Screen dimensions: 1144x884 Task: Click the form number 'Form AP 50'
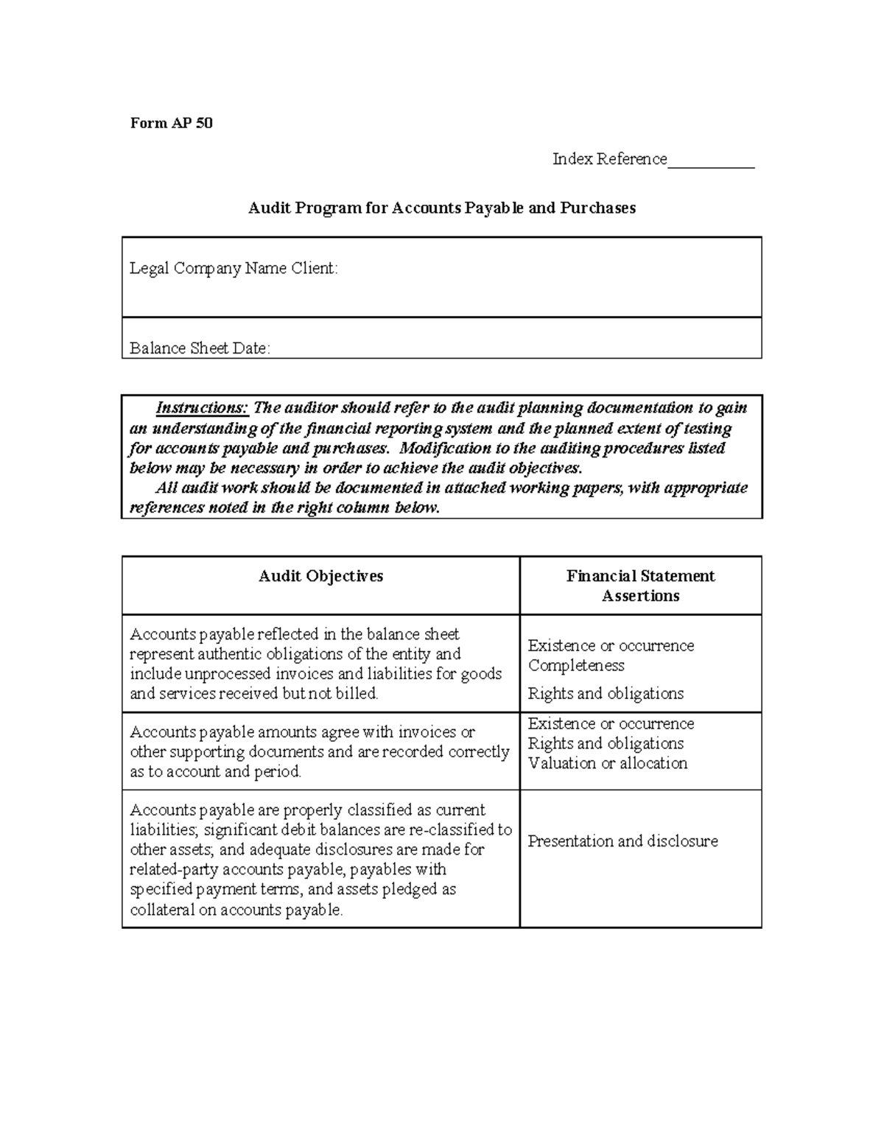click(x=172, y=123)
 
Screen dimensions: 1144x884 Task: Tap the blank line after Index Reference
click(x=711, y=161)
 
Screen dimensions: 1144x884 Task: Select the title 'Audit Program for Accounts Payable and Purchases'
click(x=441, y=208)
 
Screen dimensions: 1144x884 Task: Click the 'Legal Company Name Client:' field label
click(x=234, y=268)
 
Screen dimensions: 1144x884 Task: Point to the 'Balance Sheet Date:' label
click(x=200, y=348)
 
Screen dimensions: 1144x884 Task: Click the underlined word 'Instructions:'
click(x=203, y=408)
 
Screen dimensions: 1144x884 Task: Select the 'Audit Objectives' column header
click(x=320, y=576)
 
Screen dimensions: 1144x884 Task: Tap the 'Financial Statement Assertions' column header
click(x=640, y=586)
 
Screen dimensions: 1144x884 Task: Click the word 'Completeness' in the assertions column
click(x=576, y=665)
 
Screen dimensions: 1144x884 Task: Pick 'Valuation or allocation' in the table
click(x=608, y=763)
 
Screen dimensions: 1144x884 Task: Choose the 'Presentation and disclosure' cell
click(x=622, y=841)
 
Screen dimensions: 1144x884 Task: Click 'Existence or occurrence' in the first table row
click(x=611, y=645)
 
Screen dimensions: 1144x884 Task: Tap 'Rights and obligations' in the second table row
click(x=606, y=743)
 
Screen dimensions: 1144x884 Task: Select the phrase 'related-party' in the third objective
click(x=174, y=870)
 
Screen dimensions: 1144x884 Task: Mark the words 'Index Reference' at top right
click(x=609, y=159)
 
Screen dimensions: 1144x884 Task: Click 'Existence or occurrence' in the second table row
click(x=611, y=723)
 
